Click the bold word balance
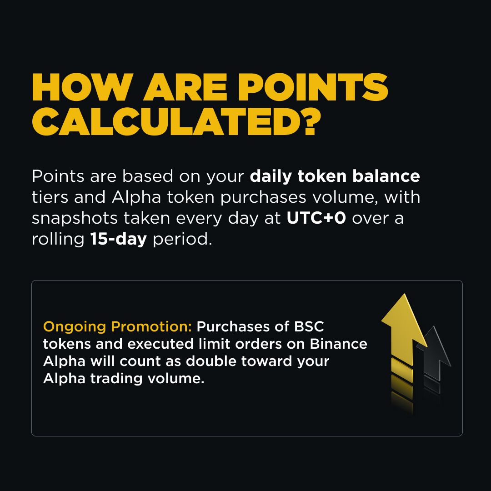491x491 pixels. (386, 176)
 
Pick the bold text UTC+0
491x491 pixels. (316, 218)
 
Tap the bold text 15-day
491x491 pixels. (118, 239)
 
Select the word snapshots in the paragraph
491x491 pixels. (75, 219)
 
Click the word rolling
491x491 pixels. (58, 240)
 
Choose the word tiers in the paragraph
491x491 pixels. (50, 197)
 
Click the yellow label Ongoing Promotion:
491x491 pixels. (117, 327)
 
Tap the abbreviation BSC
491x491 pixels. (309, 326)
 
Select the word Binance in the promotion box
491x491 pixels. (338, 344)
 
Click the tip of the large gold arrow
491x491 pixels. (405, 294)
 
